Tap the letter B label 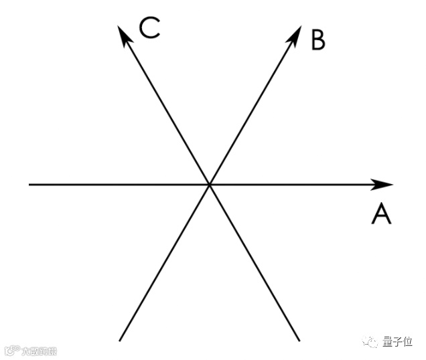(x=317, y=40)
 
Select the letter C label (x=149, y=28)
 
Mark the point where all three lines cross (x=209, y=184)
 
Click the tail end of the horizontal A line (x=29, y=184)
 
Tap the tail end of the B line (x=120, y=340)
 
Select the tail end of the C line (x=298, y=340)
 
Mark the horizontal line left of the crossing (x=117, y=184)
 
